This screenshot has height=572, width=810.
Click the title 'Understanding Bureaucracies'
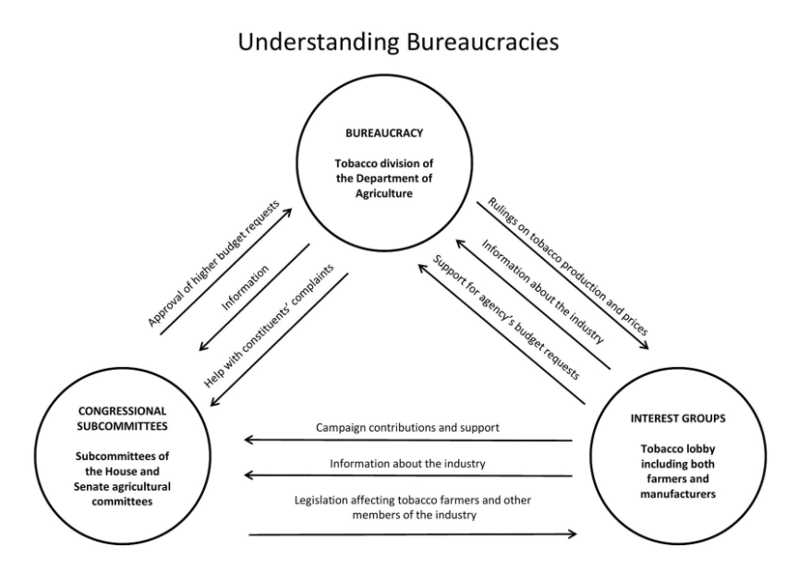coord(405,43)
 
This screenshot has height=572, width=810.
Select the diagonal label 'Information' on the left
coord(246,286)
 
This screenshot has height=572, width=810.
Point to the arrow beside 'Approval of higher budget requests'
coord(227,272)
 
